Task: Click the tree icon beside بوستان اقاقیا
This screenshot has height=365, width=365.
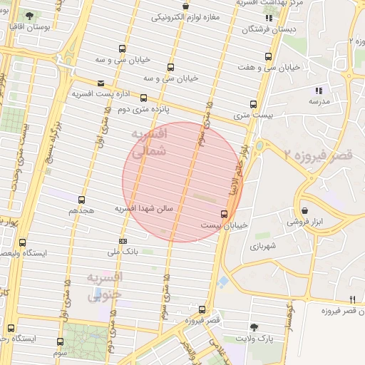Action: [x=29, y=15]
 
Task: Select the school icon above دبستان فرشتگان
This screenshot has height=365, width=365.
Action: [x=268, y=18]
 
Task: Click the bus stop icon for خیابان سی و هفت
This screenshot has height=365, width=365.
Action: [x=269, y=57]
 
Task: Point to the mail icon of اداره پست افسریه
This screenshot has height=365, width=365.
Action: [x=100, y=83]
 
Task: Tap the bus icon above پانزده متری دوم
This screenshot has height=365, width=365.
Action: [x=144, y=98]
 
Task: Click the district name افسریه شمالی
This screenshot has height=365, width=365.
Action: [x=150, y=142]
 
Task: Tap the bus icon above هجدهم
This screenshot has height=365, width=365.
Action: [x=81, y=200]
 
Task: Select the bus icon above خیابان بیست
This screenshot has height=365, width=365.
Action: [x=225, y=213]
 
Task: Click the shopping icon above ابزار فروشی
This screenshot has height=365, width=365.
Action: [x=305, y=211]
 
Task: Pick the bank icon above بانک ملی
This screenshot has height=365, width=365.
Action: [x=123, y=241]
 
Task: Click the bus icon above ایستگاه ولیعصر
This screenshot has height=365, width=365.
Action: [x=22, y=242]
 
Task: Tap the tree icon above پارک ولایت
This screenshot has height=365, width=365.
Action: [x=255, y=327]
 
